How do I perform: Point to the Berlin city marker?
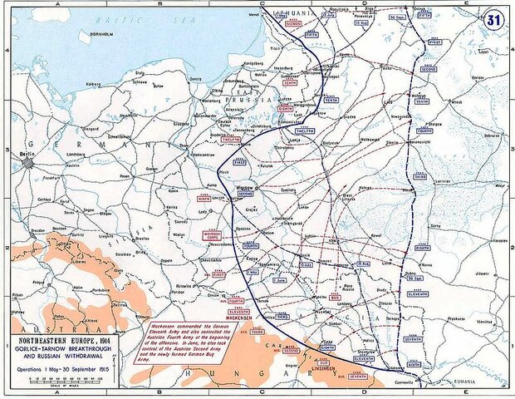(30, 163)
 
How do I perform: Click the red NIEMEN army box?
(294, 23)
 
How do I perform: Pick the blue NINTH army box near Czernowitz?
(414, 363)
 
